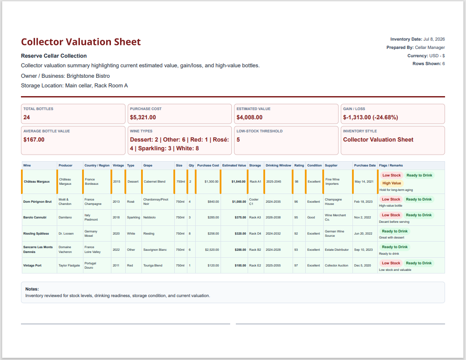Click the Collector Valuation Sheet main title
[81, 42]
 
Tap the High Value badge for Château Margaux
[392, 183]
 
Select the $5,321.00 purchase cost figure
[143, 118]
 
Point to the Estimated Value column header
[234, 165]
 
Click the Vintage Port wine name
[32, 266]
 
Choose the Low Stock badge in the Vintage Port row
[391, 263]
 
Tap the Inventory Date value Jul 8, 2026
[434, 39]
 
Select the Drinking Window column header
[279, 165]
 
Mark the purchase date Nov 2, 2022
[362, 217]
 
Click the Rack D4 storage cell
[255, 234]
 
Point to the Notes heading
[32, 289]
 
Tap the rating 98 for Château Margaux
[297, 182]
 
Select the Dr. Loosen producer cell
[66, 234]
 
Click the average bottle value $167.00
[34, 140]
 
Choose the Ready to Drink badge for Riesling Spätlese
[395, 231]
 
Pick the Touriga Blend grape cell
[153, 266]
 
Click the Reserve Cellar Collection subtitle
[54, 56]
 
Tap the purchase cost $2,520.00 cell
[212, 250]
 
